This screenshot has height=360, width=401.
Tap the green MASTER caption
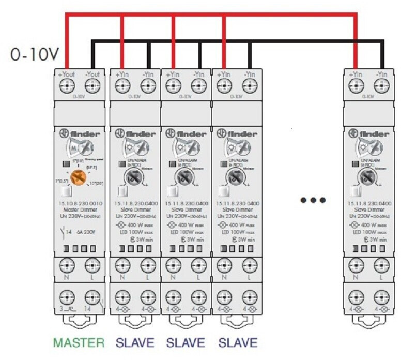(79, 342)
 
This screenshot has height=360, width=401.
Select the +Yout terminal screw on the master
(67, 86)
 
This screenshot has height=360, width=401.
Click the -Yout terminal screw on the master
(93, 86)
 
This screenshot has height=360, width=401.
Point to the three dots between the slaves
(314, 200)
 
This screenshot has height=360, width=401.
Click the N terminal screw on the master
(67, 266)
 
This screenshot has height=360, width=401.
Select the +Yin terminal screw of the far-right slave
(356, 86)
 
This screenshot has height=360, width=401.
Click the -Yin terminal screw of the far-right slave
(382, 86)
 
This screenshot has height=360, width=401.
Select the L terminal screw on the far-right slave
(382, 266)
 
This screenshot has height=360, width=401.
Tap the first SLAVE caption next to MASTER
(135, 342)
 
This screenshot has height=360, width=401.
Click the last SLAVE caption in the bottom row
(238, 342)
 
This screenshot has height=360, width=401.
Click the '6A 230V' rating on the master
(86, 232)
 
